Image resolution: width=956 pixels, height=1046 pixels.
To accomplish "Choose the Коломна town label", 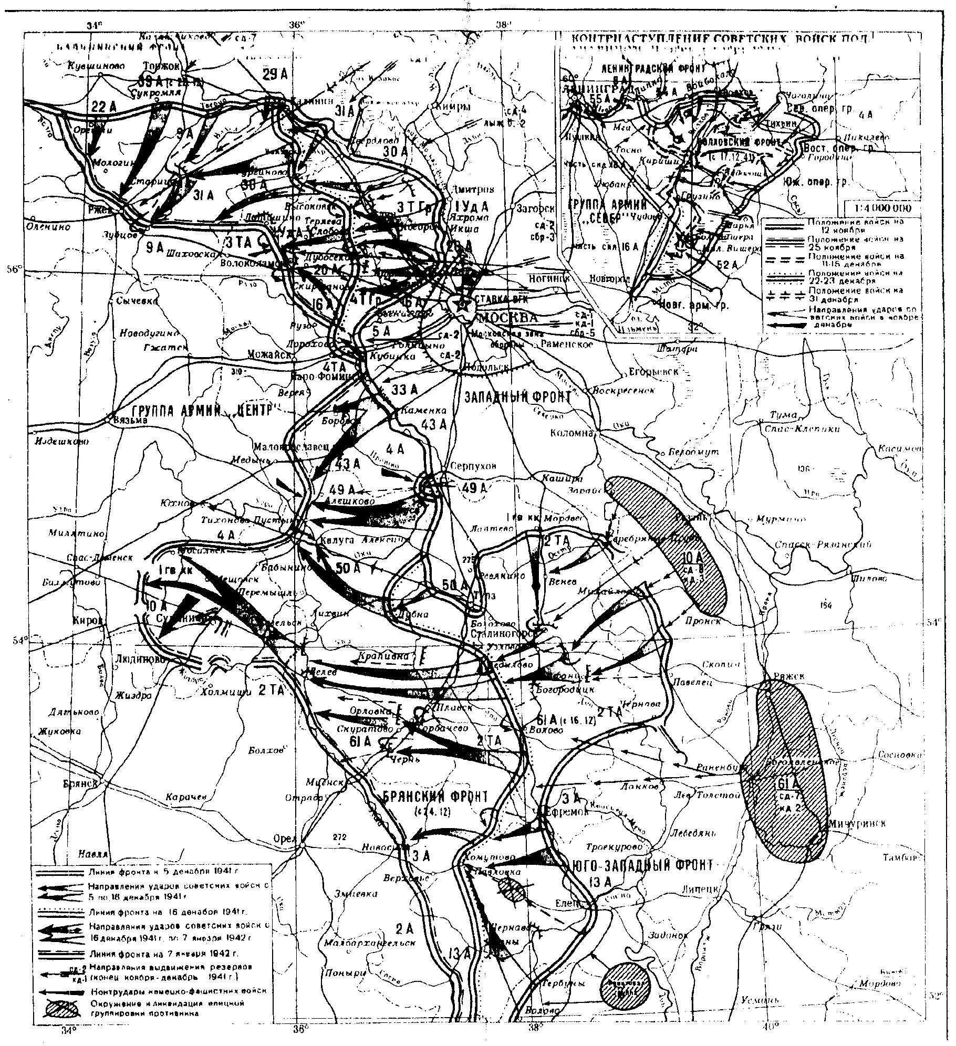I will tap(571, 433).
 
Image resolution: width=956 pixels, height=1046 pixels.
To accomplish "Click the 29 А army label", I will tap(276, 75).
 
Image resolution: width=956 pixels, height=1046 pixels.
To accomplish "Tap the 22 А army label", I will tap(103, 107).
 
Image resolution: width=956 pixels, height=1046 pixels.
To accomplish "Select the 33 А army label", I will tap(404, 389).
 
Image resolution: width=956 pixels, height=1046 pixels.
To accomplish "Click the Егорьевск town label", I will tap(654, 372).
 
